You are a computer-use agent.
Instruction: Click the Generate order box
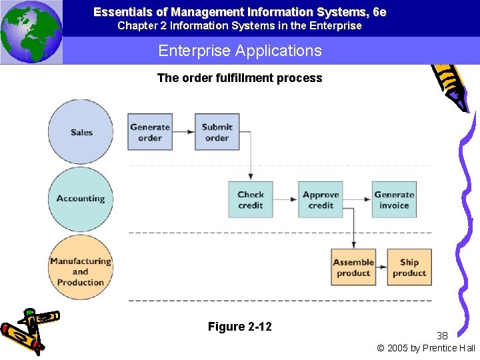coord(150,132)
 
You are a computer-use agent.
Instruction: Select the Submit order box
coord(217,132)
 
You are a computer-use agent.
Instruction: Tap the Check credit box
coord(251,199)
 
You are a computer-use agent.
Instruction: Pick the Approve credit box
coord(321,199)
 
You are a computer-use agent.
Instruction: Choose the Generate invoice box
coord(394,199)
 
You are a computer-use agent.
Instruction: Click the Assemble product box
coord(353,267)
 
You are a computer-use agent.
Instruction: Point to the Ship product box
coord(409,267)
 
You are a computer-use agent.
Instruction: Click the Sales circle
coord(81,132)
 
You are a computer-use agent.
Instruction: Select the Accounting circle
coord(81,199)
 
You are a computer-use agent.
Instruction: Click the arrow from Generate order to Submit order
coord(183,132)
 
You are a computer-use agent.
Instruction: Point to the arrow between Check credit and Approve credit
coord(285,199)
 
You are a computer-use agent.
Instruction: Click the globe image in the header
coord(31,32)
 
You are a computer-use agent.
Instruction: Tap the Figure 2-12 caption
coord(239,327)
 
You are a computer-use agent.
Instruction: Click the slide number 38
coord(443,335)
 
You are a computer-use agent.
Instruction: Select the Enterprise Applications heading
coord(239,51)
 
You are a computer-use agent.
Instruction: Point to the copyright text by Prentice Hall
coord(426,348)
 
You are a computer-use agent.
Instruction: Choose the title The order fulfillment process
coord(239,78)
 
